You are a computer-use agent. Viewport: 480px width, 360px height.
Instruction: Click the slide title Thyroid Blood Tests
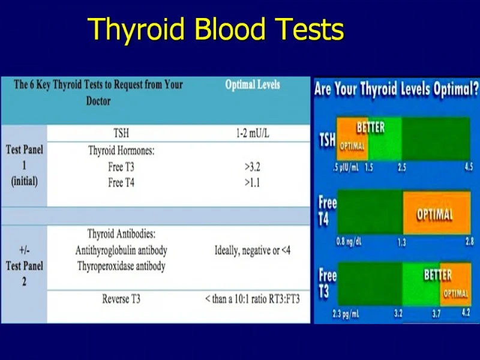tap(216, 29)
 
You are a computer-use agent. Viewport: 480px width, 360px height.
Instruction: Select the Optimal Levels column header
tap(253, 85)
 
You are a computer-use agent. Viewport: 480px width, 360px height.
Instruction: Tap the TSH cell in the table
tap(121, 133)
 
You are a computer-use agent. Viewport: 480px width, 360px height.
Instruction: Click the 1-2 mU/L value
tap(253, 133)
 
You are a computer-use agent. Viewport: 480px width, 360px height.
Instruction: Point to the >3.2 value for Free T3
tap(252, 167)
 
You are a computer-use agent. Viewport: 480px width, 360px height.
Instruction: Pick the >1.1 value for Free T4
tap(252, 183)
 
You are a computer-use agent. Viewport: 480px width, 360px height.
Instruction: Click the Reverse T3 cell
tap(121, 299)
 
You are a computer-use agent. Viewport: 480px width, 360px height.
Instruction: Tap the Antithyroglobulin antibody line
tap(121, 250)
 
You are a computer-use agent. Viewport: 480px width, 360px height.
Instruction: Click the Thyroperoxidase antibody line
tap(121, 266)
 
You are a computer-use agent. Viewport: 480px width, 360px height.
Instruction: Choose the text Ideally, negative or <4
tap(253, 251)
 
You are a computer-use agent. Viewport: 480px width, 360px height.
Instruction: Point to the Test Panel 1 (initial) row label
tap(25, 166)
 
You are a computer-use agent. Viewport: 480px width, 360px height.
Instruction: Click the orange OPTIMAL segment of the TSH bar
tap(352, 139)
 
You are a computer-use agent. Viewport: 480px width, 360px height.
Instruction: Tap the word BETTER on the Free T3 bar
tap(437, 275)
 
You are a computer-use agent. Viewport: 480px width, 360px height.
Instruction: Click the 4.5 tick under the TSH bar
tap(469, 167)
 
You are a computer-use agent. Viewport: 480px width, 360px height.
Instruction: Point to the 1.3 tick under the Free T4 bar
tap(401, 242)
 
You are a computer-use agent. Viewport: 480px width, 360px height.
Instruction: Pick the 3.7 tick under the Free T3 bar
tap(437, 314)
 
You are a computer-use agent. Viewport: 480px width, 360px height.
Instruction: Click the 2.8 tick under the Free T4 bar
tap(470, 242)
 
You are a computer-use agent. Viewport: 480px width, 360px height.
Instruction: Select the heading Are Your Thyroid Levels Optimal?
tap(396, 89)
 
